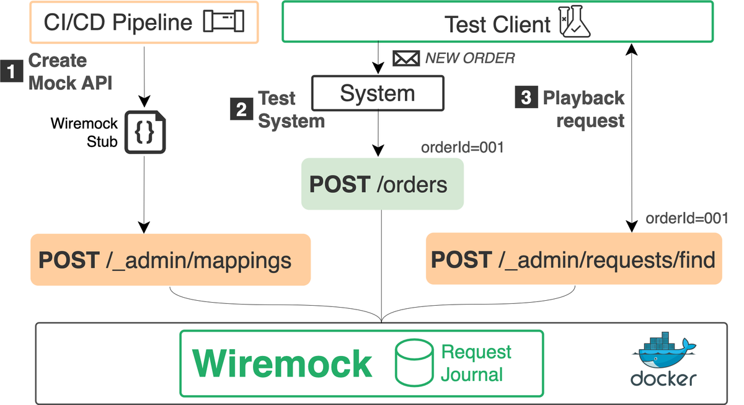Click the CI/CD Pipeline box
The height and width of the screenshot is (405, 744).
pyautogui.click(x=143, y=23)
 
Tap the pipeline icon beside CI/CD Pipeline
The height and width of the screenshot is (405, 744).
pyautogui.click(x=224, y=22)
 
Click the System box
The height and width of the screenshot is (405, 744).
pyautogui.click(x=378, y=94)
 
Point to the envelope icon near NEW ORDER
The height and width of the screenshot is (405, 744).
pyautogui.click(x=406, y=59)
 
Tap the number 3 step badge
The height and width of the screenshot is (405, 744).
pyautogui.click(x=525, y=99)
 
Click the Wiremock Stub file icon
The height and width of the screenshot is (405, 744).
pyautogui.click(x=144, y=132)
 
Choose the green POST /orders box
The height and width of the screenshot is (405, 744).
pyautogui.click(x=383, y=184)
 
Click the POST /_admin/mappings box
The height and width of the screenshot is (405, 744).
pyautogui.click(x=170, y=259)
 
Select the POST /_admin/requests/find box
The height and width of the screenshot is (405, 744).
pyautogui.click(x=573, y=259)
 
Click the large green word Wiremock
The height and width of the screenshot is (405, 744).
pyautogui.click(x=283, y=363)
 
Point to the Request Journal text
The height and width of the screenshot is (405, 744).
pyautogui.click(x=476, y=363)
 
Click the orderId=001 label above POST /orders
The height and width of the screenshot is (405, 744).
pyautogui.click(x=462, y=148)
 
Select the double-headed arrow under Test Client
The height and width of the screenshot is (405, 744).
pyautogui.click(x=631, y=136)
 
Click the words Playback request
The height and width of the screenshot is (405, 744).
pyautogui.click(x=583, y=109)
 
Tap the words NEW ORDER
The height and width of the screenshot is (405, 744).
pyautogui.click(x=470, y=59)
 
